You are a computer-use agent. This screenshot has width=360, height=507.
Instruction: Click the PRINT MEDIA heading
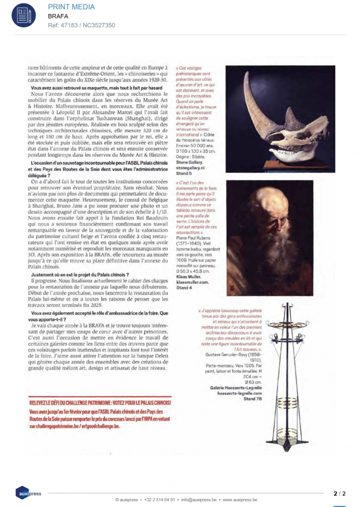click(x=71, y=7)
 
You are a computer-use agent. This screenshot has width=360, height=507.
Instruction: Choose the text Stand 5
click(x=184, y=172)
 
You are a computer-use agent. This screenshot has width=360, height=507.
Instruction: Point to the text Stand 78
click(x=252, y=398)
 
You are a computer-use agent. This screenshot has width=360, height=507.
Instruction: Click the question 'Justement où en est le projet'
click(x=81, y=274)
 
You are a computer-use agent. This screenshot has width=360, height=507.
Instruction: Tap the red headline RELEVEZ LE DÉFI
click(x=100, y=403)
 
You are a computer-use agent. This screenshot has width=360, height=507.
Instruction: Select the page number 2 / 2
click(x=339, y=493)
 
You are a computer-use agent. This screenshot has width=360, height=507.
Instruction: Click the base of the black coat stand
click(x=284, y=445)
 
